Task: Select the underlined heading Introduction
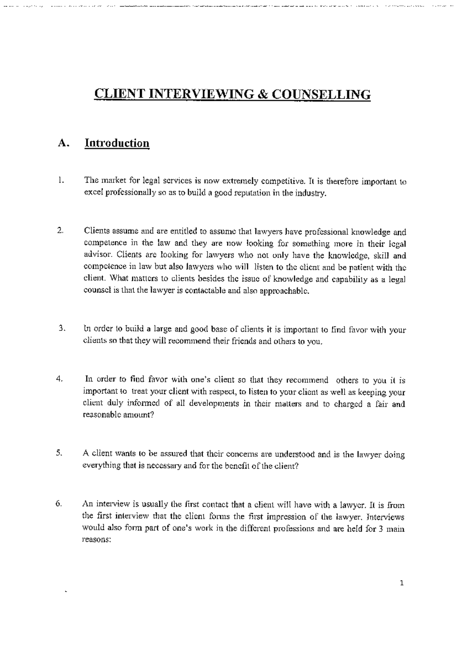[117, 143]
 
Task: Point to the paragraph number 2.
[60, 231]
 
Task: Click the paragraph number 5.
[59, 453]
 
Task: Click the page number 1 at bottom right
[401, 583]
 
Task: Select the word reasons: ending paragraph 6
[96, 540]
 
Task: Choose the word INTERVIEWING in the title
[200, 94]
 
